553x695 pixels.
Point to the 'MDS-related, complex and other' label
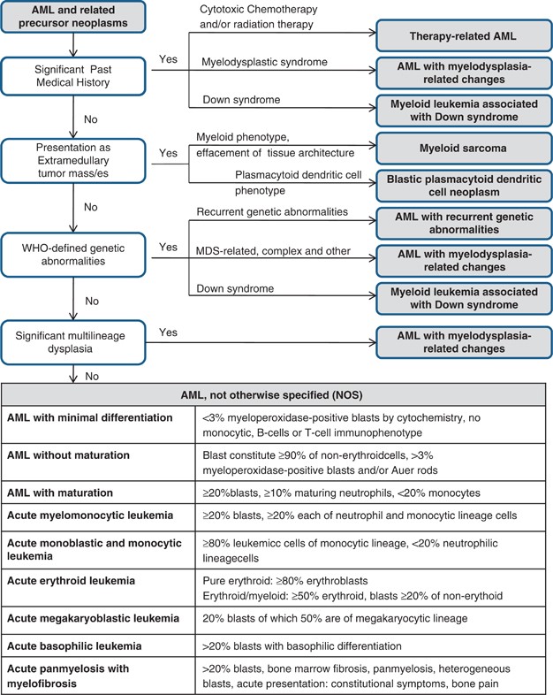click(262, 252)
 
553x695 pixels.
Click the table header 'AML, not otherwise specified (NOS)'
click(276, 395)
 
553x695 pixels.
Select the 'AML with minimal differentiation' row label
click(88, 416)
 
